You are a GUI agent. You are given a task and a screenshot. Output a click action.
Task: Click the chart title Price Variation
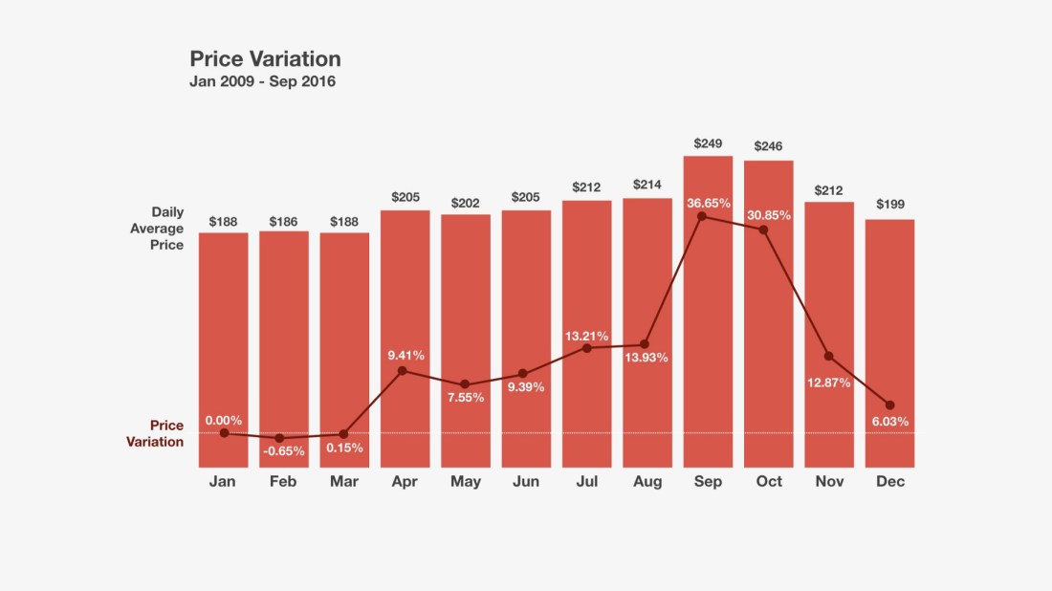(x=265, y=59)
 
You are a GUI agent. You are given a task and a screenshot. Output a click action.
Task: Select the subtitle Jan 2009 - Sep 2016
(x=262, y=82)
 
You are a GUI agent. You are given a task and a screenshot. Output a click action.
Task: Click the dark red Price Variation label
(x=155, y=434)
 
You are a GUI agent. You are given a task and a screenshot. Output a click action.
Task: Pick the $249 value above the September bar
(x=708, y=143)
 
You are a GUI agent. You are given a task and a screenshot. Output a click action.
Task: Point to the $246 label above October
(x=769, y=146)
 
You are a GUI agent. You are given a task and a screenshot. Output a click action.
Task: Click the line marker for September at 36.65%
(x=702, y=216)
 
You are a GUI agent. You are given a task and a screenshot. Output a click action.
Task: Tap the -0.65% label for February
(x=283, y=450)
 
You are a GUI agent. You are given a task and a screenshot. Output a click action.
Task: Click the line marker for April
(x=403, y=370)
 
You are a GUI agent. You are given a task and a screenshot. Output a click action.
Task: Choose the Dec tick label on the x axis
(x=890, y=482)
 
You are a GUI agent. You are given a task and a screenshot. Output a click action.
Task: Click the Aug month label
(x=647, y=482)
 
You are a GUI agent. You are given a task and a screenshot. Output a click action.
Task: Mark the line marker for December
(x=890, y=405)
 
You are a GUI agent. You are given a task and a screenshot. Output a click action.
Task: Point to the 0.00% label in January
(x=224, y=420)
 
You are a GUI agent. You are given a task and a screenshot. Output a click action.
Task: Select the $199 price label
(x=890, y=205)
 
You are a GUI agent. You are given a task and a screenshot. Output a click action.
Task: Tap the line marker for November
(x=829, y=356)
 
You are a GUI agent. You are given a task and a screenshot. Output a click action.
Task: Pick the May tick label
(x=466, y=482)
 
